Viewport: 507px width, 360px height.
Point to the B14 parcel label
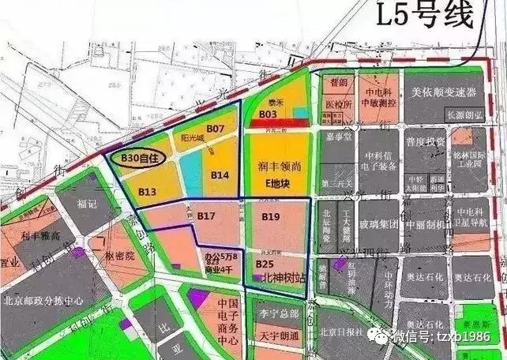[x=220, y=174]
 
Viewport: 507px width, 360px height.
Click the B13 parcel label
[x=148, y=191]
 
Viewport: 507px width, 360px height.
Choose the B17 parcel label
[x=207, y=216]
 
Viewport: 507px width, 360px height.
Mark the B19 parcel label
[x=271, y=216]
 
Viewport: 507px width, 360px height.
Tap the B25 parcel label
[x=264, y=263]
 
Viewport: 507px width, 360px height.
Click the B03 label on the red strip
[x=266, y=114]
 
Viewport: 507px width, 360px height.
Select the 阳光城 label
[x=192, y=137]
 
